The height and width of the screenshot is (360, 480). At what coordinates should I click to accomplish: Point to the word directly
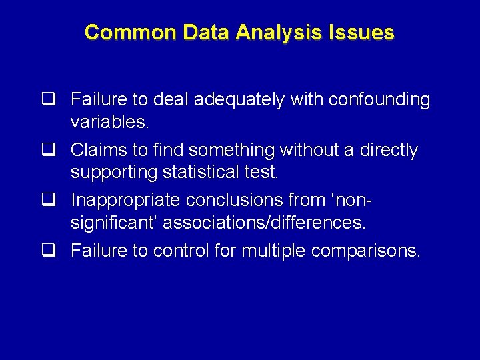389,151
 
